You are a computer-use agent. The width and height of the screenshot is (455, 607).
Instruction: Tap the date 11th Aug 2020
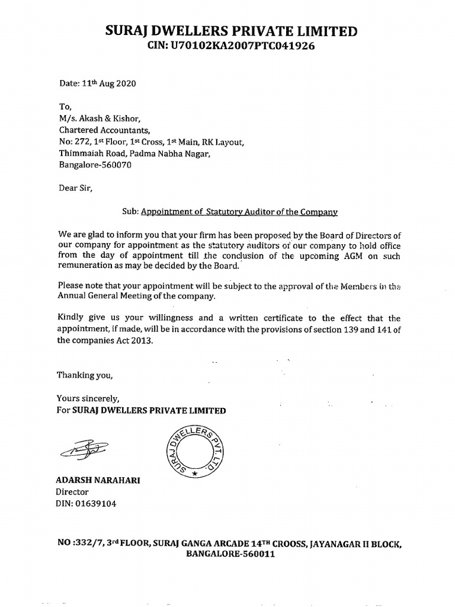97,84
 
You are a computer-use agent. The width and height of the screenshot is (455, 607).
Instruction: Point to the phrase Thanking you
84,375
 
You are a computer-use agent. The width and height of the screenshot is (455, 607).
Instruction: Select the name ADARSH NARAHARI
98,480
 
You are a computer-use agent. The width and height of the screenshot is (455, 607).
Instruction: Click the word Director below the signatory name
72,492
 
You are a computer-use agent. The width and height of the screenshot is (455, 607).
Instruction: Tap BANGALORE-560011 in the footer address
230,554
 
